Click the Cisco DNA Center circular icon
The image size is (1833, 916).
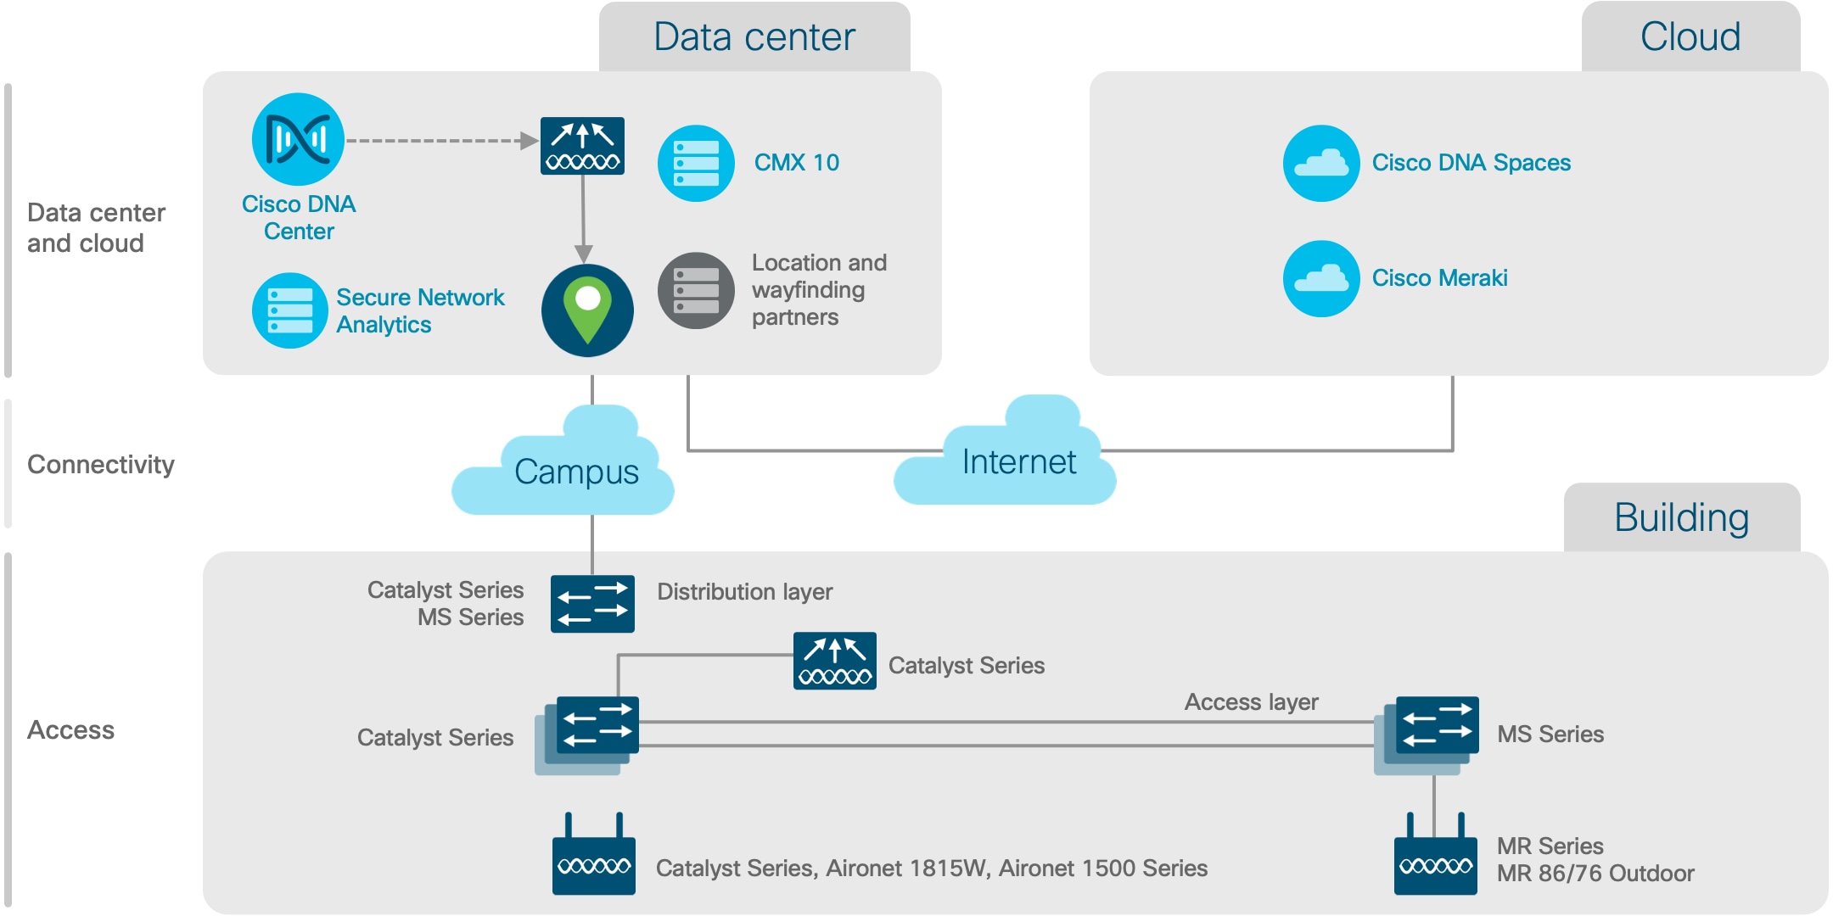click(x=298, y=139)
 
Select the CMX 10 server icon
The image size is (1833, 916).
click(x=696, y=163)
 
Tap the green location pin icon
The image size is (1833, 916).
click(x=587, y=310)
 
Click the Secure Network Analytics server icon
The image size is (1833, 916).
click(x=289, y=310)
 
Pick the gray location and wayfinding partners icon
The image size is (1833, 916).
click(x=696, y=290)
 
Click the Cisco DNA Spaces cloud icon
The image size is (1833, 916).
click(x=1321, y=163)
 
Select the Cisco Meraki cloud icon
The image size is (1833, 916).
click(x=1321, y=278)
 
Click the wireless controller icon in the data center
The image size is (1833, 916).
click(x=582, y=146)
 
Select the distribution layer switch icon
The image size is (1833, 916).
click(x=592, y=604)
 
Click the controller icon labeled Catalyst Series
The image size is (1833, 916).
click(x=835, y=661)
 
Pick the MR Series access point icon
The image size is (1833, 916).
click(x=1435, y=861)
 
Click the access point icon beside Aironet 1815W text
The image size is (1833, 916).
click(x=593, y=861)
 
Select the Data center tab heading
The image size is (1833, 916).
click(x=754, y=37)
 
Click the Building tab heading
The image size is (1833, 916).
click(x=1681, y=517)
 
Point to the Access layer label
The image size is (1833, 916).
click(x=1251, y=702)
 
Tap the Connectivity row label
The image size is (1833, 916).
click(x=101, y=465)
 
